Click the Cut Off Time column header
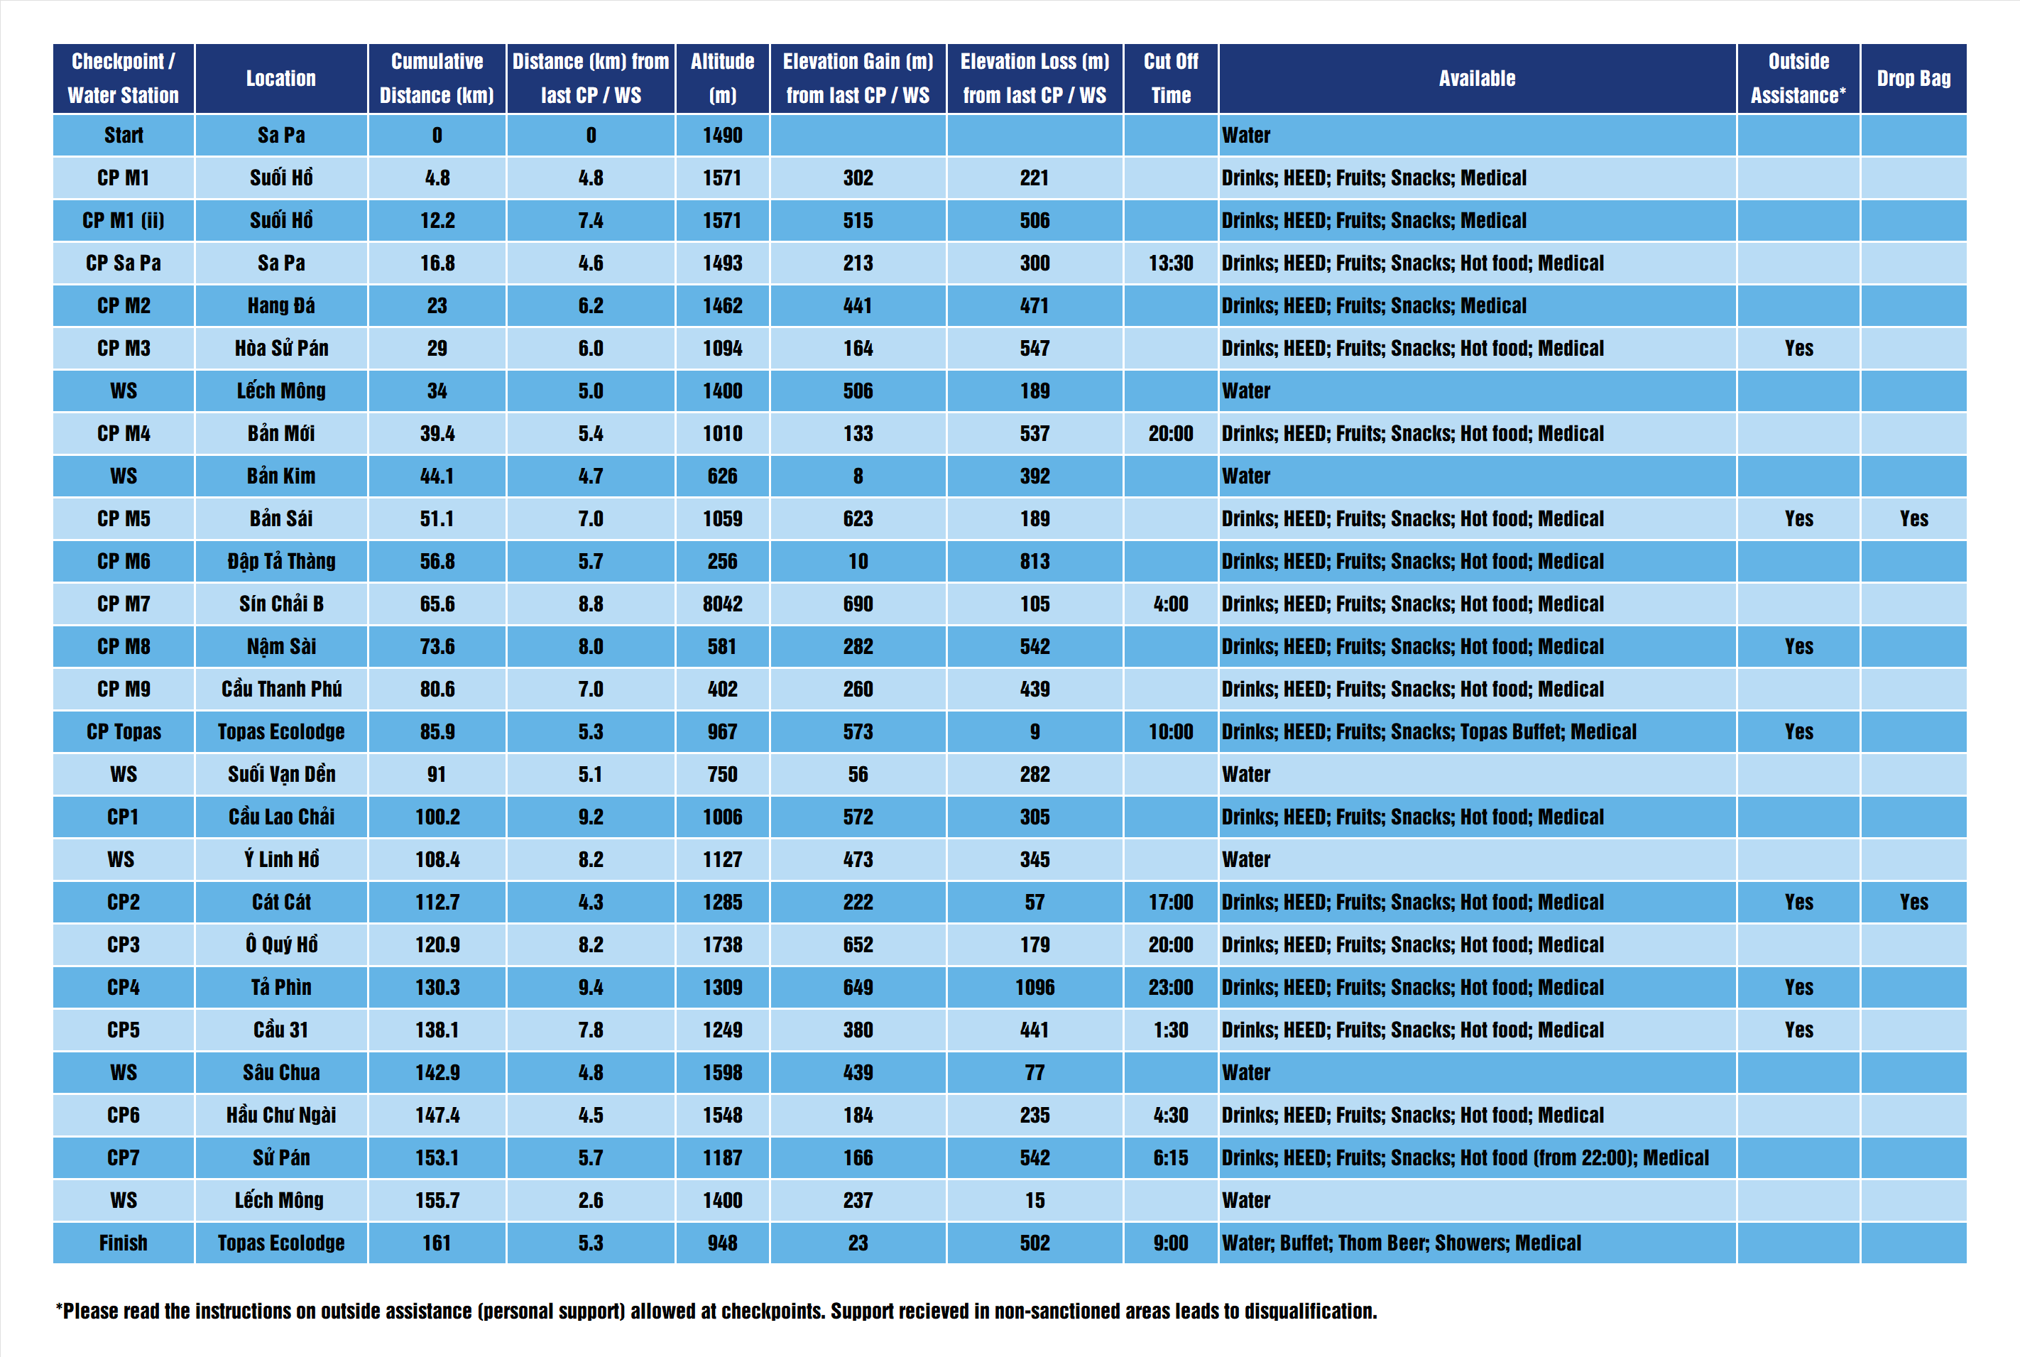[1171, 78]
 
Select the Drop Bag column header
[1913, 78]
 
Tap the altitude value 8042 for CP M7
[722, 604]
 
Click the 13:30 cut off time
[1171, 263]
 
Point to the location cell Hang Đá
[281, 305]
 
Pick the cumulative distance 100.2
[437, 817]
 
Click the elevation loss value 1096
[1034, 988]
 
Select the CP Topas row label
[124, 732]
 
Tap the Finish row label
[124, 1243]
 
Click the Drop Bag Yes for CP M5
[1913, 518]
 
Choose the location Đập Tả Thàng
[281, 562]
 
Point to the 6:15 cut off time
[1171, 1158]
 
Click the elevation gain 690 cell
[858, 604]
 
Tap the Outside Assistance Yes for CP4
[1798, 988]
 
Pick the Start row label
[124, 135]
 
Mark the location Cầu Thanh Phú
[281, 689]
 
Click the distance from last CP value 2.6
[591, 1200]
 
